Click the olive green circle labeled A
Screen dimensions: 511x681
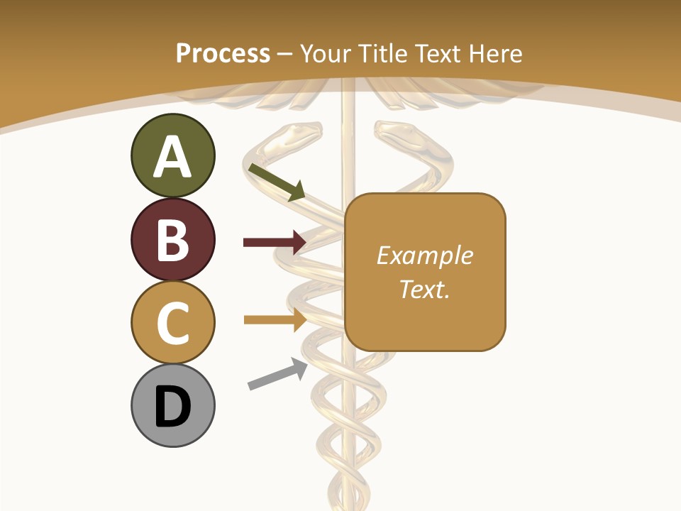tap(172, 156)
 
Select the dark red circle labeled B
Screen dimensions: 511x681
tap(172, 239)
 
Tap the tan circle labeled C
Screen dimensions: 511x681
tap(172, 322)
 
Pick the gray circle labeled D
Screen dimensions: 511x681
tap(172, 405)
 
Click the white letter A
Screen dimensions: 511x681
tap(172, 157)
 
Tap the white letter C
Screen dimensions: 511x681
tap(172, 323)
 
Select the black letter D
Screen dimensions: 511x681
tap(172, 407)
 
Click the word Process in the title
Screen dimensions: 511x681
tap(223, 53)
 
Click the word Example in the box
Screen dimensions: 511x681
tap(424, 255)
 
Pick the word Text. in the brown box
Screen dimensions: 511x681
tap(424, 289)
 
